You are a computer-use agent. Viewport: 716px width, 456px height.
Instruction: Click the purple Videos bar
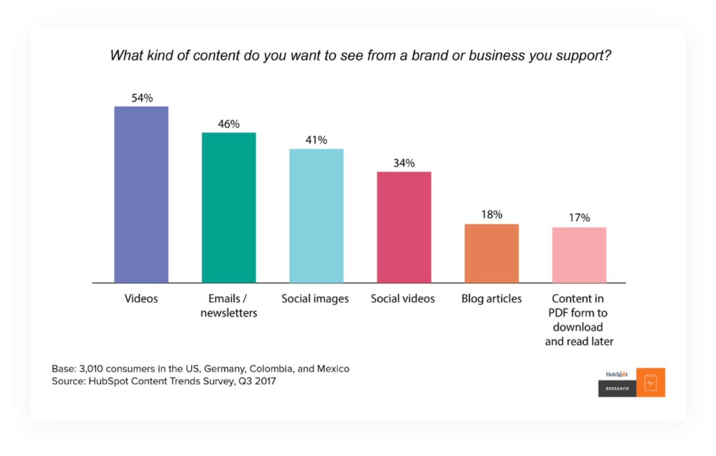141,194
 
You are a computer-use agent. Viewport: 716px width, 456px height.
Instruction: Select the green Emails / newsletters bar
229,207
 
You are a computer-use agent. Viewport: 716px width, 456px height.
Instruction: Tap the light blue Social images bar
316,215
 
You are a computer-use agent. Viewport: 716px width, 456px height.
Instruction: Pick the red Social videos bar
404,227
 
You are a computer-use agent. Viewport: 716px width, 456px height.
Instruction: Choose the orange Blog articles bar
491,253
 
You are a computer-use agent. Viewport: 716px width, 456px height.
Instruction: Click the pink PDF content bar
579,254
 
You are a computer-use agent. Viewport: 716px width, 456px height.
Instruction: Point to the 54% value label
142,98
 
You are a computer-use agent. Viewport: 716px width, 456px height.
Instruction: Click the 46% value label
229,124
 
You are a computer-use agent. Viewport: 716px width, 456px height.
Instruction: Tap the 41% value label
317,140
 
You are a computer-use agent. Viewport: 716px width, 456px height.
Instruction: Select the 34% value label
404,163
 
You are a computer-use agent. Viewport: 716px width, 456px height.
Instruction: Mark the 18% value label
491,214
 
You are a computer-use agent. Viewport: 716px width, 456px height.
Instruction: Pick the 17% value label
579,218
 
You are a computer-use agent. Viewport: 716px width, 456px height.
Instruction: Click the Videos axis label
141,298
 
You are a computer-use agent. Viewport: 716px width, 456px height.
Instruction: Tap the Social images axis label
315,298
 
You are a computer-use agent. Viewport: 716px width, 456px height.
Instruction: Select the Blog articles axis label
491,298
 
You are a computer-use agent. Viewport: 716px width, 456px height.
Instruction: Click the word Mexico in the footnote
333,368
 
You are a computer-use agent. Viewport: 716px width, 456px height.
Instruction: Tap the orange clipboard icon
651,382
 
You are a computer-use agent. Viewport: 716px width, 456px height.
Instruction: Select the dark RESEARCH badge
617,388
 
